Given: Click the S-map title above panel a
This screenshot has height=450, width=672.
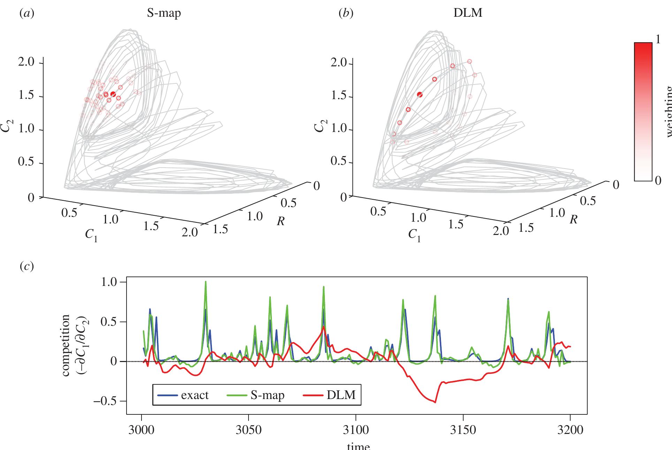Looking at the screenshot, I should (163, 13).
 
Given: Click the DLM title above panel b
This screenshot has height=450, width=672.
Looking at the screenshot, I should (471, 13).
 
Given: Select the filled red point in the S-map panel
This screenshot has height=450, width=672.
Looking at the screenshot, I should (113, 94).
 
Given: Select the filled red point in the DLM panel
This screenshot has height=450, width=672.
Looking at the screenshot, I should (420, 94).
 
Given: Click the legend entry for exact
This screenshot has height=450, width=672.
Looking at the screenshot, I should (184, 395).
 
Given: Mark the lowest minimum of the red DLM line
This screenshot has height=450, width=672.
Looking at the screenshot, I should (435, 402).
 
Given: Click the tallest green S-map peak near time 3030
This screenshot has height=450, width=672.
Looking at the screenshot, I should (206, 281).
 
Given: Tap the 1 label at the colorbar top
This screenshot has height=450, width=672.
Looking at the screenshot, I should (658, 39).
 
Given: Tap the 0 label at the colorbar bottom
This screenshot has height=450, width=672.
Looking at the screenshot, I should (658, 180).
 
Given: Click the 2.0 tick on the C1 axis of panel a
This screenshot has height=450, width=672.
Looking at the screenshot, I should (190, 232).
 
